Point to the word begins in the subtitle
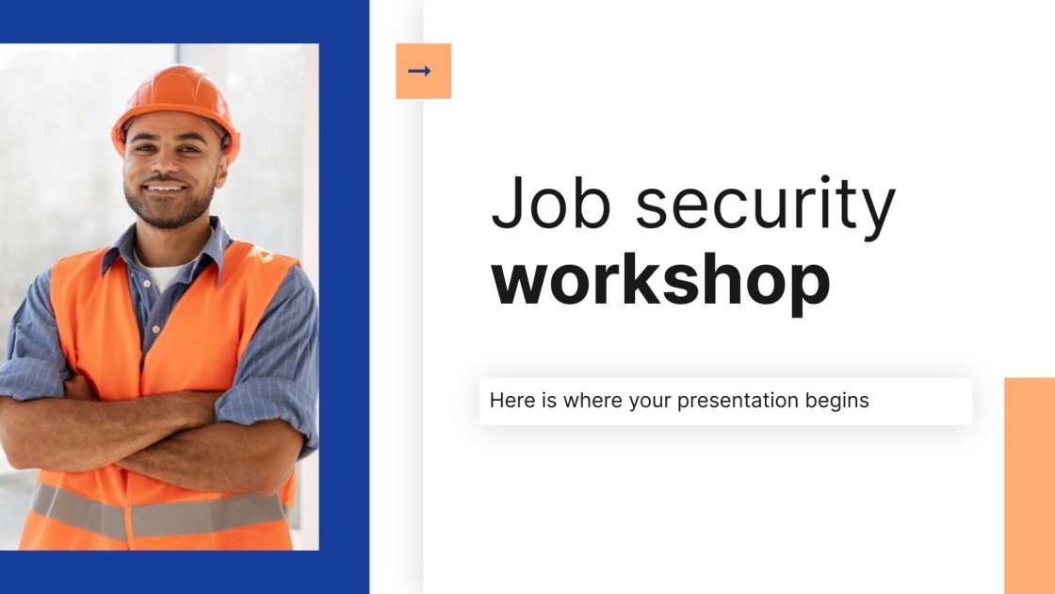click(836, 401)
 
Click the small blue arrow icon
click(420, 71)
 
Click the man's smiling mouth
click(166, 188)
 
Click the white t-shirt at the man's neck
click(162, 276)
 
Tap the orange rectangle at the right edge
click(1030, 485)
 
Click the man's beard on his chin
click(168, 213)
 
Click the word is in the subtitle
click(551, 400)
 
